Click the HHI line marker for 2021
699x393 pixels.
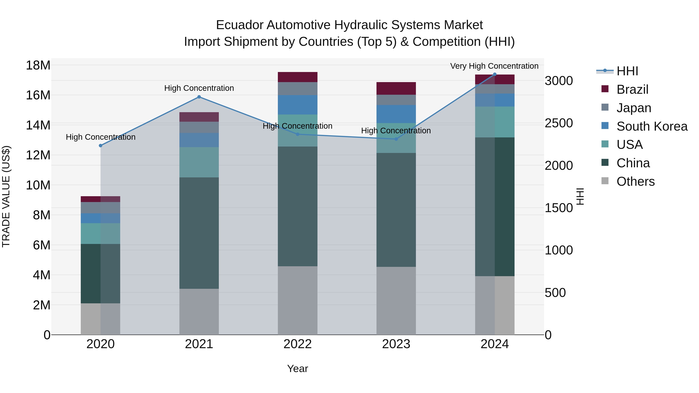coord(199,97)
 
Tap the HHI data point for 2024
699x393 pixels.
coord(494,74)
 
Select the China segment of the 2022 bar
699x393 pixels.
coord(297,206)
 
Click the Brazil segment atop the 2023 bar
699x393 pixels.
coord(396,88)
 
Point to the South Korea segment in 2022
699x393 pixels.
coord(297,105)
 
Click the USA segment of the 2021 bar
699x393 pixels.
coord(199,162)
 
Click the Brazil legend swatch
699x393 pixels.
coord(605,89)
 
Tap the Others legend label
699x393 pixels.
coord(635,181)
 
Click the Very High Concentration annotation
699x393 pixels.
coord(494,66)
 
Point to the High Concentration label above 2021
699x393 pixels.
coord(199,88)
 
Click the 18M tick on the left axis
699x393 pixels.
coord(38,65)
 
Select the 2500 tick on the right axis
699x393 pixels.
coord(559,123)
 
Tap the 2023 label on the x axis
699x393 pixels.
coord(396,344)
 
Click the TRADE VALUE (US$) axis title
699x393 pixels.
coord(6,196)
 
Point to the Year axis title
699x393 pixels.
coord(297,369)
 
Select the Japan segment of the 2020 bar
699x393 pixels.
coord(100,207)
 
